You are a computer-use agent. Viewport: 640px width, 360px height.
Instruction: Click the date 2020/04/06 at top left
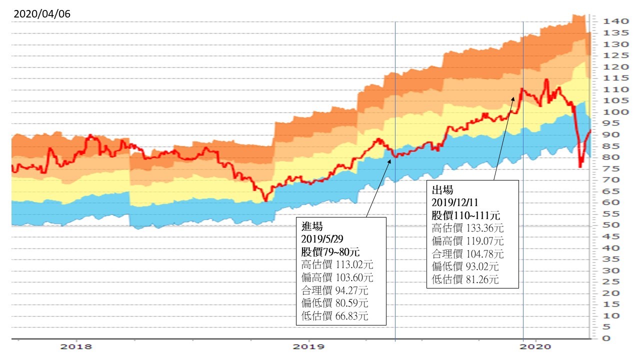[42, 13]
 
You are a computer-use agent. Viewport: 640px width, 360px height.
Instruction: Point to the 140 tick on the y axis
[615, 21]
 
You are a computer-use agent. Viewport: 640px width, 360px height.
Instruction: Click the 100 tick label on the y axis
[615, 112]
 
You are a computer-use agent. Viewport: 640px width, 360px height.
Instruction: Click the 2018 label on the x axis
[76, 347]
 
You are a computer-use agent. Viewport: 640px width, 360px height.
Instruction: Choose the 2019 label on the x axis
[308, 347]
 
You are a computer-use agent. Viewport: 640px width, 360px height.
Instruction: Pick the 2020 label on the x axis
[535, 347]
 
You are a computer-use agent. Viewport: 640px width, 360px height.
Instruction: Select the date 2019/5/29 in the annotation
[322, 239]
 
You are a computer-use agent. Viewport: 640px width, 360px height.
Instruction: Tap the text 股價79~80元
[330, 252]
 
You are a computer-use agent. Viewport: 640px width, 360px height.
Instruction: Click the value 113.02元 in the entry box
[354, 265]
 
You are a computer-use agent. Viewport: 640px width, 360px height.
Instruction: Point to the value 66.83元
[351, 316]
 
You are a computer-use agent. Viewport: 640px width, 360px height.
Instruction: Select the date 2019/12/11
[455, 202]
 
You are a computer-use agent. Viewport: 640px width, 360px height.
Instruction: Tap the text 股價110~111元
[465, 215]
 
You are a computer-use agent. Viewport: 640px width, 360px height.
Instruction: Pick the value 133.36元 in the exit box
[485, 228]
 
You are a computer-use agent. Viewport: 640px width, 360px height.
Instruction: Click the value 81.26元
[482, 279]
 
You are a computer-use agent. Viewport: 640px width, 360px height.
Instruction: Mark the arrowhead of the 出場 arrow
[513, 99]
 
